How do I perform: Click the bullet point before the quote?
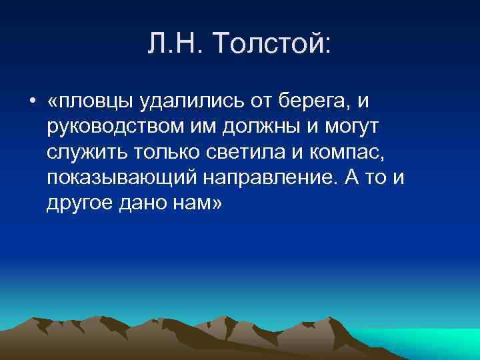pos(32,101)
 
